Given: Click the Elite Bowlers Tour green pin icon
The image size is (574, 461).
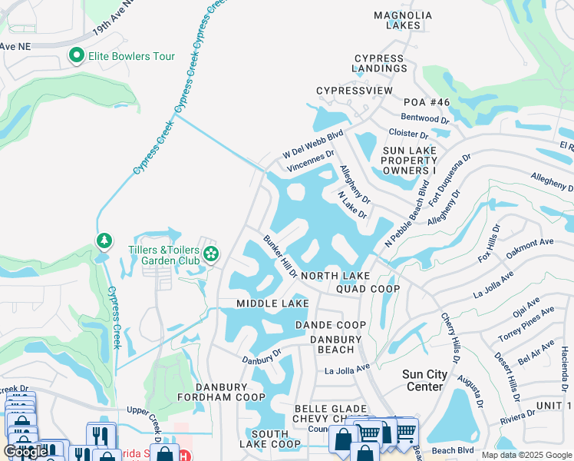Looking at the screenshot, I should click(x=76, y=55).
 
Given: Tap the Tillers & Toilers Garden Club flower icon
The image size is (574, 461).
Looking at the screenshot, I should click(x=210, y=254).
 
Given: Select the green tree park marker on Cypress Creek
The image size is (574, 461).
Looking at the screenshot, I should click(x=104, y=241).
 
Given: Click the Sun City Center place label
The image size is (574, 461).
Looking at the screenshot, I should click(x=425, y=380).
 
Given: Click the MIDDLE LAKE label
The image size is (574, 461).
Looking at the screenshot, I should click(x=272, y=304).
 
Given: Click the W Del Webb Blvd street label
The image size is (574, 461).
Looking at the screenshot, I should click(x=313, y=144).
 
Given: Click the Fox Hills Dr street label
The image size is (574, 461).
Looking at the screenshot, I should click(x=488, y=243).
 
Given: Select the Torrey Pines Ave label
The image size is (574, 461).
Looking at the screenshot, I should click(x=526, y=323).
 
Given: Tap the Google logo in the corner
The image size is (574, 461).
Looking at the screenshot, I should click(x=25, y=452).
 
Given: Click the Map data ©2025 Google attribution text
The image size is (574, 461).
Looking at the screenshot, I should click(x=526, y=455).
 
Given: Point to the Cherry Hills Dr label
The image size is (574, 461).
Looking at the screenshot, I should click(x=450, y=337).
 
